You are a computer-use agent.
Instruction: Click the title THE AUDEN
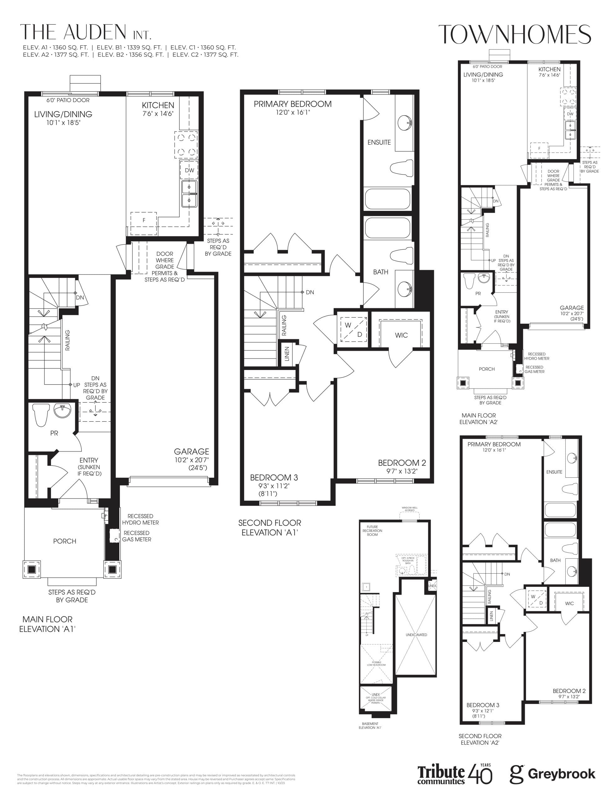click(73, 33)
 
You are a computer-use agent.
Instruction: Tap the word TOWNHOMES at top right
click(514, 35)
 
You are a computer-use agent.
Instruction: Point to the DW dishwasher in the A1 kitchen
click(189, 170)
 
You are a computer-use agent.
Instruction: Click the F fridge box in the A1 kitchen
click(144, 221)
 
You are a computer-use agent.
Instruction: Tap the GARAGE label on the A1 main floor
click(191, 451)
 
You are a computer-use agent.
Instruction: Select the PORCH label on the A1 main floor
click(64, 541)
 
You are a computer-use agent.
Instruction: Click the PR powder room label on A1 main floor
click(54, 433)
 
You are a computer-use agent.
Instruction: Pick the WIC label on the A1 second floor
click(401, 335)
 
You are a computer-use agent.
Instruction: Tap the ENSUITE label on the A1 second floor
click(379, 142)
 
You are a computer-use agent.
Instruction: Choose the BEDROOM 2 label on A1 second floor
click(402, 463)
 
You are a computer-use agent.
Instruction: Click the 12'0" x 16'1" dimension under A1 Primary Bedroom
click(293, 112)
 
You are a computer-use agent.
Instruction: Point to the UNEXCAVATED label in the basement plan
click(416, 635)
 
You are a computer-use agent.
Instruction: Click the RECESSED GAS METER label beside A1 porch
click(137, 536)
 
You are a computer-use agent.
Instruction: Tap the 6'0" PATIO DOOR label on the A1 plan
click(68, 100)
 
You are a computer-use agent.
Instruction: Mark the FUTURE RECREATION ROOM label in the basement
click(372, 530)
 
